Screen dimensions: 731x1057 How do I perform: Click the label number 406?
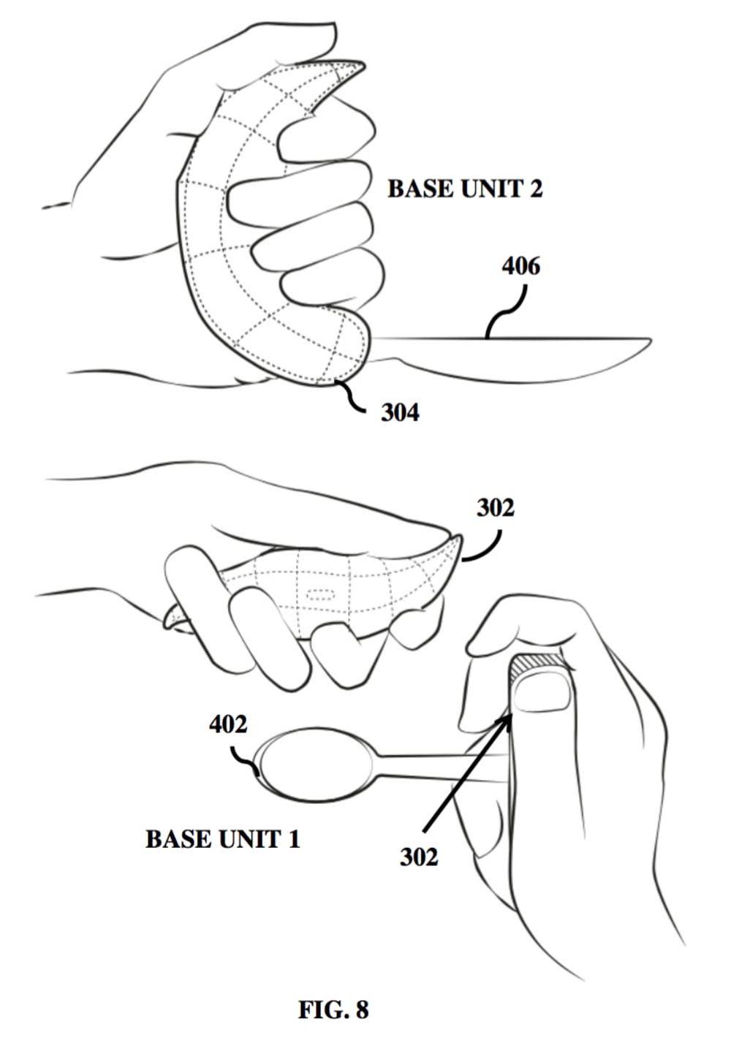(x=520, y=266)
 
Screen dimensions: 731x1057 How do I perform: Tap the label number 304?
(x=400, y=413)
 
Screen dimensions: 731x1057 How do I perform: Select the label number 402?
(x=228, y=724)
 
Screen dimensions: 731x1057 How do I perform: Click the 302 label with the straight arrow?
(x=418, y=857)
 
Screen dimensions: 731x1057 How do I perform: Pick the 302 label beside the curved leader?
(x=495, y=507)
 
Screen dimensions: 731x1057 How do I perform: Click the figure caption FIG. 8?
(x=333, y=1010)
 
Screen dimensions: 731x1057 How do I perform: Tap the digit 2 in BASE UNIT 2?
(x=535, y=189)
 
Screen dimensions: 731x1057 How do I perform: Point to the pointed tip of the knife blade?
(x=648, y=340)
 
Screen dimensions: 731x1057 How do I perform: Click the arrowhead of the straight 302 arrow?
(x=506, y=721)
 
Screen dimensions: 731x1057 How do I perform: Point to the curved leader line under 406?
(x=505, y=311)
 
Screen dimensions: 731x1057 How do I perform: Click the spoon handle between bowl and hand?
(x=439, y=767)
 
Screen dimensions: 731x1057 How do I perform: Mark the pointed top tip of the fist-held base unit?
(x=361, y=64)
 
